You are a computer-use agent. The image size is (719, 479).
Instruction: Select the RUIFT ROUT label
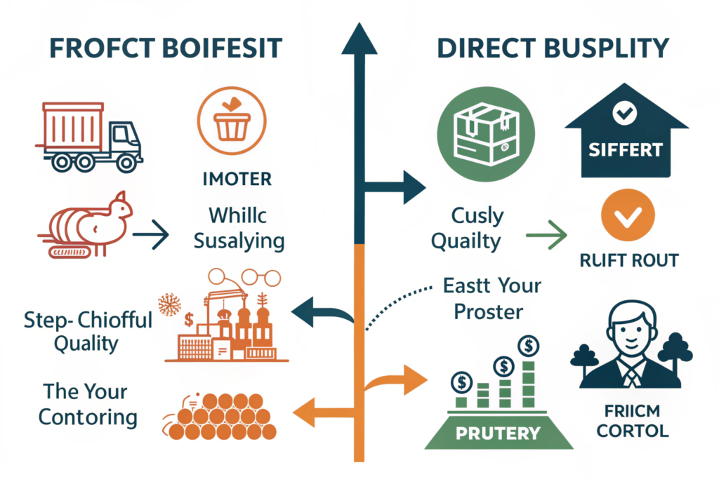629,261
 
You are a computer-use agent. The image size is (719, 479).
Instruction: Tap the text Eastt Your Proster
492,297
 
